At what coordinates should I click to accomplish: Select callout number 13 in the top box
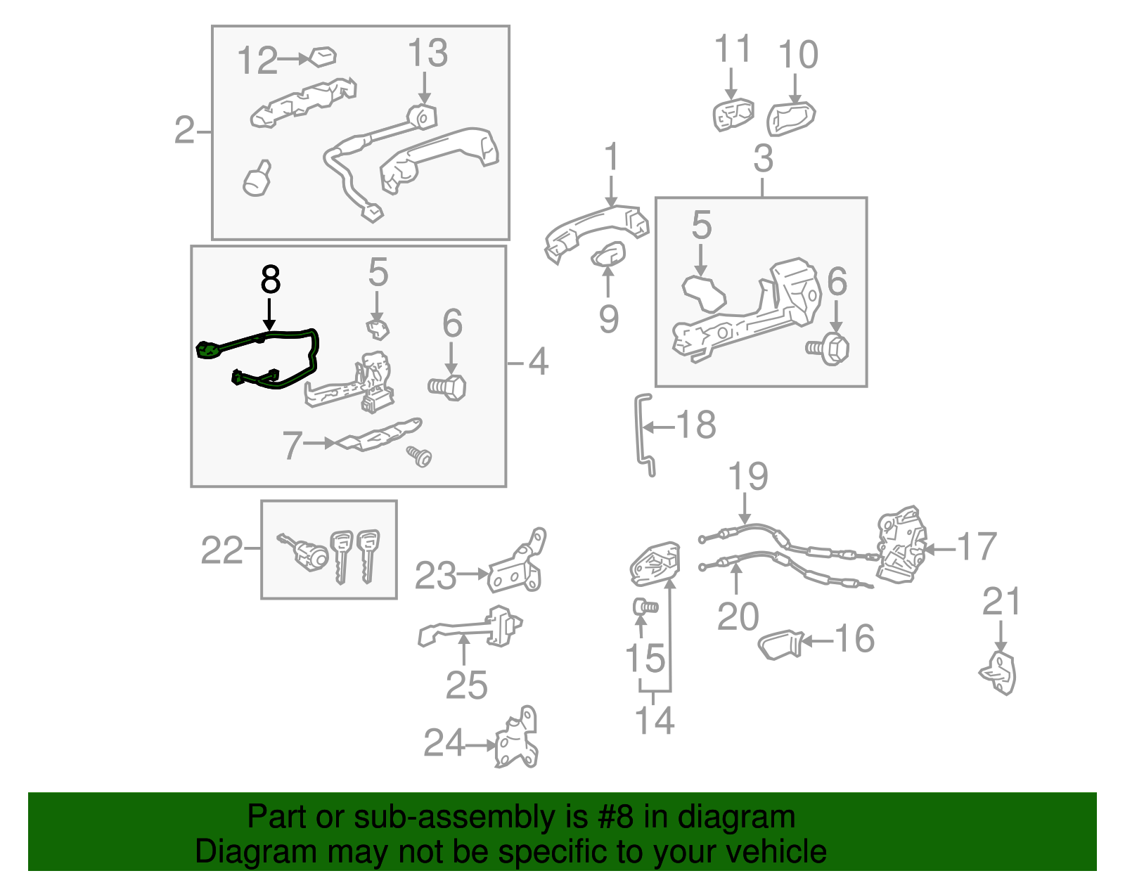427,53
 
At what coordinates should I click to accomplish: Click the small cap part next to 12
323,56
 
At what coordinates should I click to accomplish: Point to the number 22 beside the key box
221,550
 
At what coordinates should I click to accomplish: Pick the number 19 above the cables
747,477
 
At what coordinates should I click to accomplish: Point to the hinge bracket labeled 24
517,742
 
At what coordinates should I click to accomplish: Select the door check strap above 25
471,627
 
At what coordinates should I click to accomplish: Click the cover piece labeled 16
780,644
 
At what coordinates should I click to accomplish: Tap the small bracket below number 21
999,673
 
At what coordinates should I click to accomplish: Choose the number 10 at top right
799,54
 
